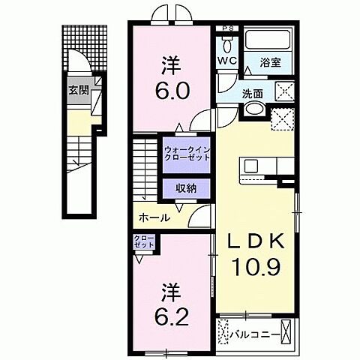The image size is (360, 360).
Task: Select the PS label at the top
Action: tap(228, 30)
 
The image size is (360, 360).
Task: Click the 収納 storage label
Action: tap(187, 188)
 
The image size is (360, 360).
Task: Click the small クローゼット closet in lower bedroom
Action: tap(144, 246)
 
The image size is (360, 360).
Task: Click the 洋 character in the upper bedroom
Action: tap(172, 64)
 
